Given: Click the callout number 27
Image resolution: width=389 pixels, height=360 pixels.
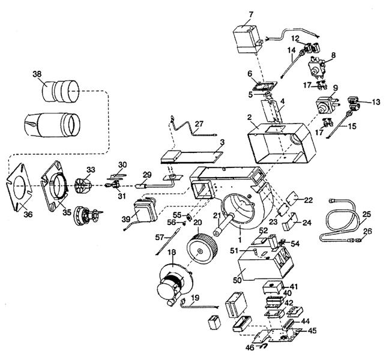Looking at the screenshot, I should (199, 124).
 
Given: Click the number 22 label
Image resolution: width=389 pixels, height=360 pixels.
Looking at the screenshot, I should (308, 200).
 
